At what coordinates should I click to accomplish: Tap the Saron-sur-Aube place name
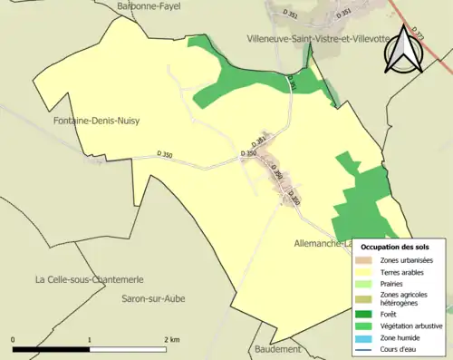[153, 297]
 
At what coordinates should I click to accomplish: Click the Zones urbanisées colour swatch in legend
[367, 261]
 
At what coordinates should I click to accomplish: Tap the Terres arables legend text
[405, 272]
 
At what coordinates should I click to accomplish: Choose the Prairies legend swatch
[367, 284]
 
